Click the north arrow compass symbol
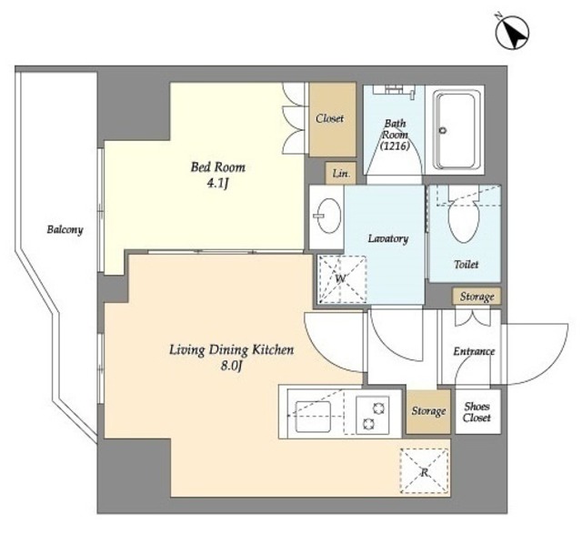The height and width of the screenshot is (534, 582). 512,32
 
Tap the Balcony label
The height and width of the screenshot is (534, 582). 65,229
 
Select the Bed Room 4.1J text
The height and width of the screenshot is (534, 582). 218,175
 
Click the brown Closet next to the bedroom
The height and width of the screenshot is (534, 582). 332,119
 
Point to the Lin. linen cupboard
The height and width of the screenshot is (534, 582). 341,173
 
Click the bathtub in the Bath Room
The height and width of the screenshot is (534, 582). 455,130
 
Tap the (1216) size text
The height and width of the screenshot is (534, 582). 395,146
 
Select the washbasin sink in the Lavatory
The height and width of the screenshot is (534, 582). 328,216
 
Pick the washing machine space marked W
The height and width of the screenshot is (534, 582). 342,279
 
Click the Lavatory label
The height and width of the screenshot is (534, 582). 388,238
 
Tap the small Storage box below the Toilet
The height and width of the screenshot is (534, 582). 477,297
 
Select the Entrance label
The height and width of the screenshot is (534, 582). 474,351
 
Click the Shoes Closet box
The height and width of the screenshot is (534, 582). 478,411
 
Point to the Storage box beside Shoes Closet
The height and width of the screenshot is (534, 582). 428,411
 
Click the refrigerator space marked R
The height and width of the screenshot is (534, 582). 424,471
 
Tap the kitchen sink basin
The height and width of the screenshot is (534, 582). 313,417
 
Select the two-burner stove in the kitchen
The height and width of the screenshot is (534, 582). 373,415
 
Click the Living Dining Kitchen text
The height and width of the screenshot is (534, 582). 231,350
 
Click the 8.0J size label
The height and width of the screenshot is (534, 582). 231,367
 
